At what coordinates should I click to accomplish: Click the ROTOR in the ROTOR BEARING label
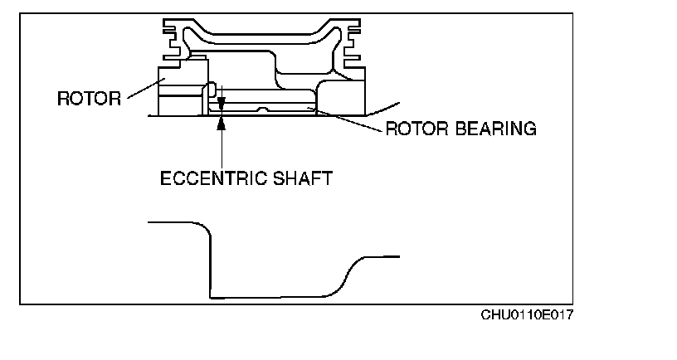coord(416,129)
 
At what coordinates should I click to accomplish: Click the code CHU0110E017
coord(528,315)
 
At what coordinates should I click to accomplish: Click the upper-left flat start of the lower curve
coord(170,223)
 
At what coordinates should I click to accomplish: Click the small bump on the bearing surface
coord(261,109)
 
